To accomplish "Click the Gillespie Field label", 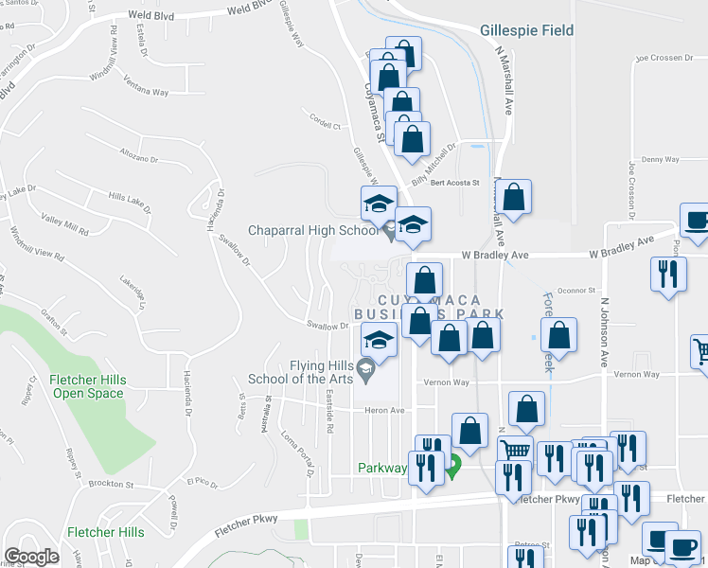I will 526,30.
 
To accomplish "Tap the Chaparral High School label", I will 312,230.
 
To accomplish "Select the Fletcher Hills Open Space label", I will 88,386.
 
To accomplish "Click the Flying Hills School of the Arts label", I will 300,372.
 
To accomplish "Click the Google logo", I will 32,556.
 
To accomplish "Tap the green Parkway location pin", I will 453,466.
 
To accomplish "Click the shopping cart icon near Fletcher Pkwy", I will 515,453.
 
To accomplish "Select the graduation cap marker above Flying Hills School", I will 379,340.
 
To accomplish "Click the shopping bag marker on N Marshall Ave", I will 514,197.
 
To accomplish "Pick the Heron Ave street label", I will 385,411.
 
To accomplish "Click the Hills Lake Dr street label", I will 130,197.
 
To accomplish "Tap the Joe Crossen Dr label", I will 664,58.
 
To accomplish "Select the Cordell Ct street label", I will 324,122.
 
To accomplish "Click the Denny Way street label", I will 660,160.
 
